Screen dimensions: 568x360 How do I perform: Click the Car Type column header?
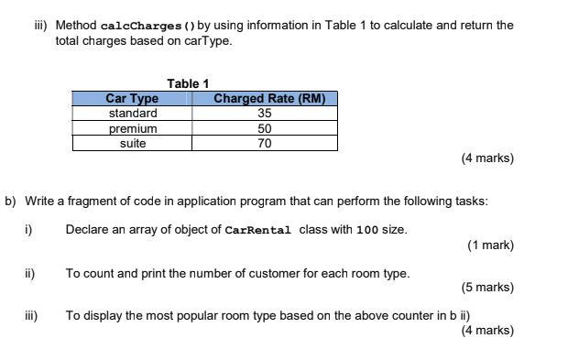point(132,98)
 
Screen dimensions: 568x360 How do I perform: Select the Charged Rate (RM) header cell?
point(269,98)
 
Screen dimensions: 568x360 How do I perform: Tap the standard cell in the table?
point(133,114)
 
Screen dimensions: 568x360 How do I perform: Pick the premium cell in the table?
point(133,129)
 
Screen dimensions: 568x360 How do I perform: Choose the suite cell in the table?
point(133,144)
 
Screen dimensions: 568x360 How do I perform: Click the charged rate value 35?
point(265,114)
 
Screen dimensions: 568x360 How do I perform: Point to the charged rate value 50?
point(265,129)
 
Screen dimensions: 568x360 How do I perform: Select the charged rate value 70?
point(265,144)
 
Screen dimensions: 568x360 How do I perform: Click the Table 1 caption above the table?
point(188,83)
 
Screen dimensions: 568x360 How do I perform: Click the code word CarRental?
point(257,230)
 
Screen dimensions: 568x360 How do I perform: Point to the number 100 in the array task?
point(366,230)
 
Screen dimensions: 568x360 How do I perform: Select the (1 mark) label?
point(490,245)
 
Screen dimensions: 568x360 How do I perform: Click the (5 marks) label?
point(487,288)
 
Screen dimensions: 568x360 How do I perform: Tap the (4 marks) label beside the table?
point(487,158)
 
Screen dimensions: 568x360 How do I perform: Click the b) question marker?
point(11,201)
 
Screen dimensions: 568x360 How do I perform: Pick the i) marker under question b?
point(28,229)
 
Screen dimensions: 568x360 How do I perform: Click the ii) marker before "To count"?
point(29,273)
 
